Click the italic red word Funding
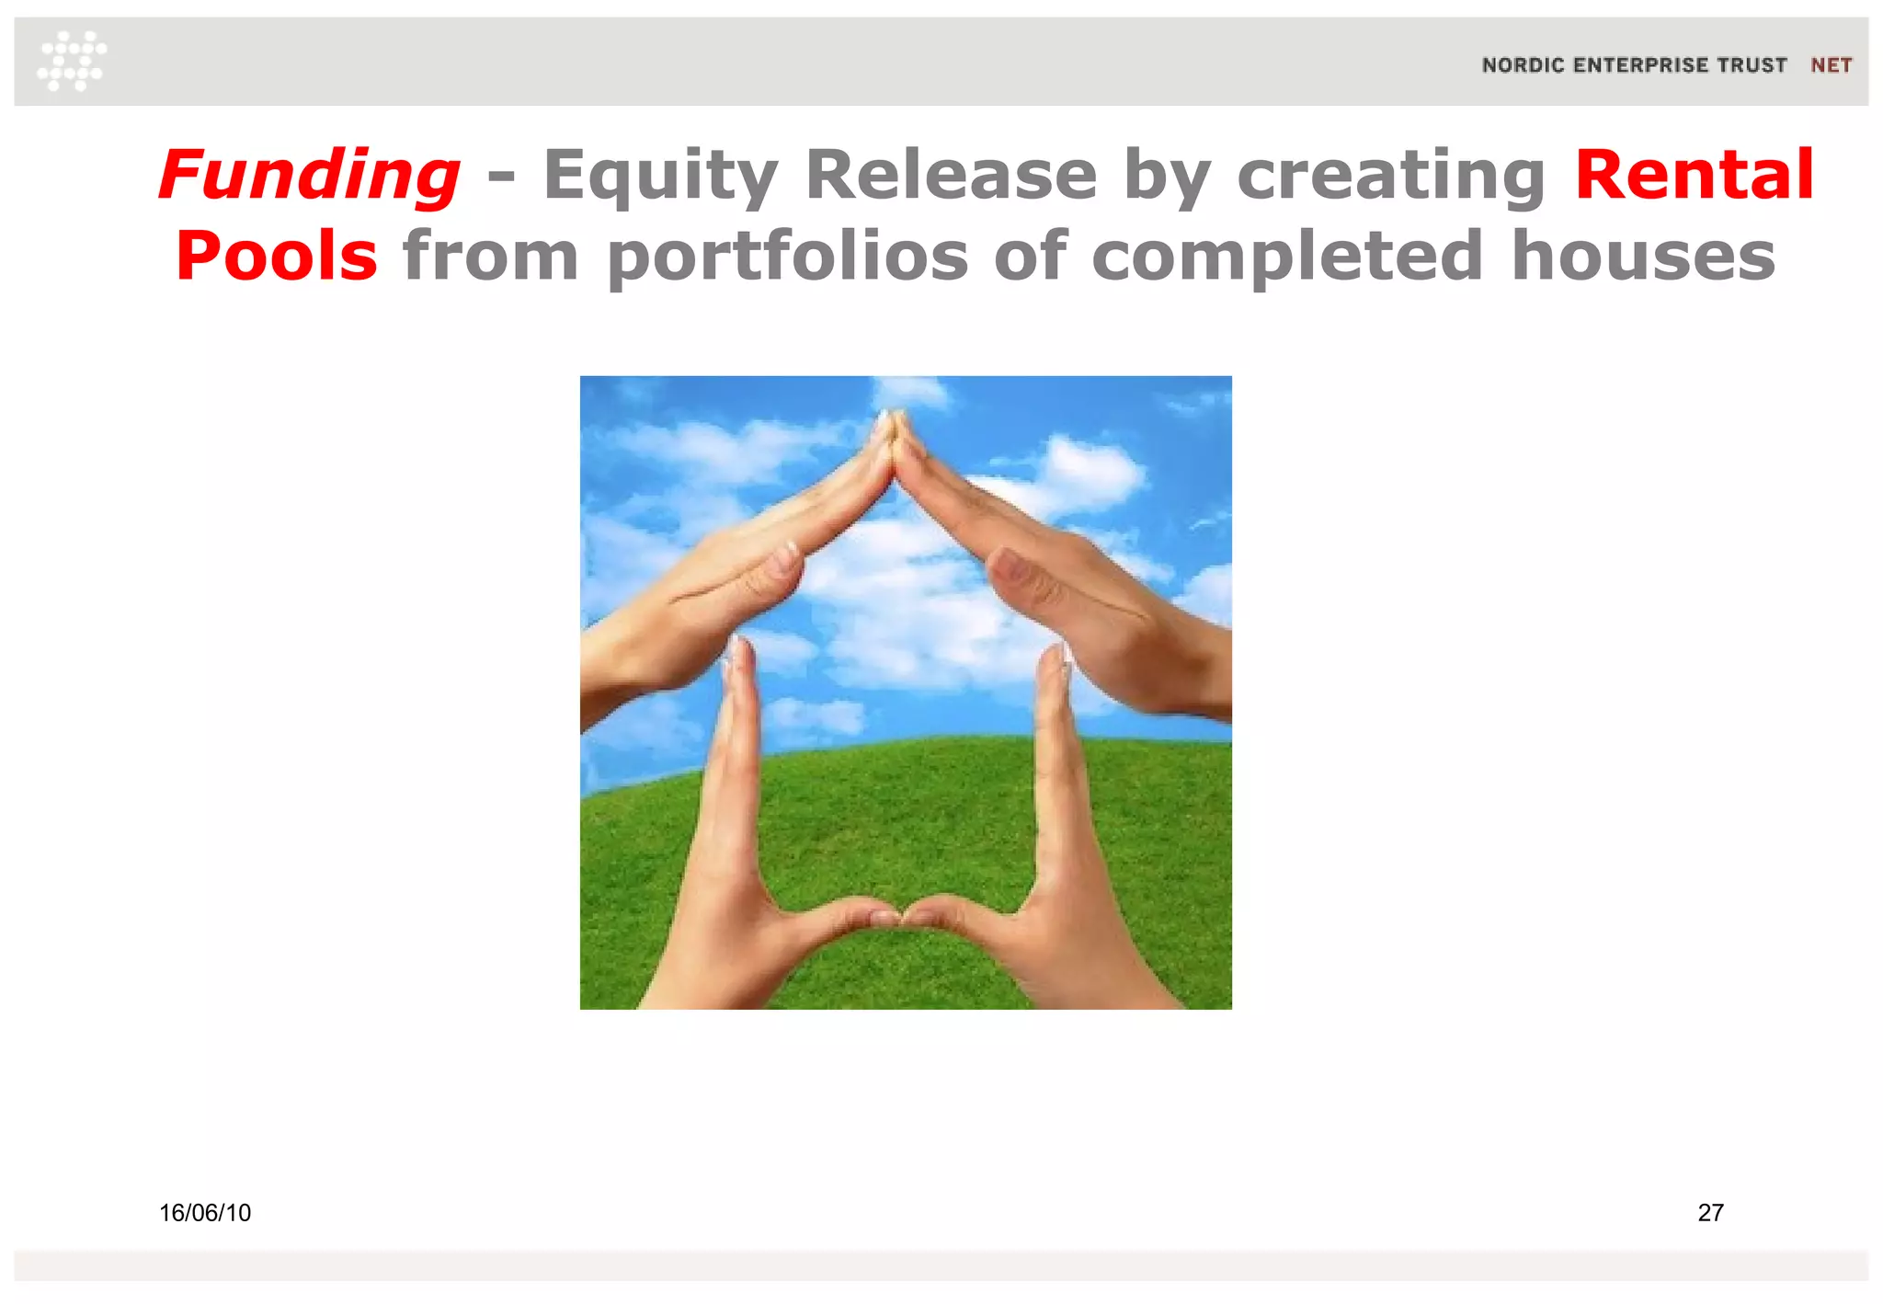point(309,175)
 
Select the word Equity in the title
point(660,175)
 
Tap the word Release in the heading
point(951,175)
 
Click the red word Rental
point(1694,175)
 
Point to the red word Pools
point(276,256)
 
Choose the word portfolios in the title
point(787,256)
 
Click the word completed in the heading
point(1287,256)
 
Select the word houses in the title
point(1643,256)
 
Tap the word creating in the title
point(1391,175)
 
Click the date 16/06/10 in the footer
point(205,1213)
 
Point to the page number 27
point(1710,1213)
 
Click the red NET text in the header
point(1831,65)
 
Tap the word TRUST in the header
point(1752,65)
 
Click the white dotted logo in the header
point(72,61)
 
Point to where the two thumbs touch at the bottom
point(900,916)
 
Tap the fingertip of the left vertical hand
point(736,648)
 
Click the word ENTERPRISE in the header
point(1640,65)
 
